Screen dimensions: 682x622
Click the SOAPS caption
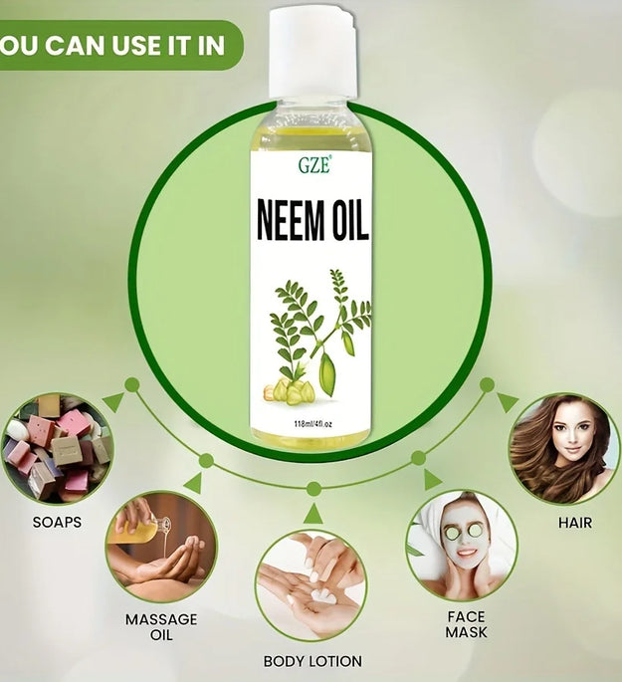coord(57,521)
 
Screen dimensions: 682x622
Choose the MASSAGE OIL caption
coord(161,627)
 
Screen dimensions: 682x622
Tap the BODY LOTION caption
coord(312,660)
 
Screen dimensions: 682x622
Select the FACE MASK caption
coord(466,624)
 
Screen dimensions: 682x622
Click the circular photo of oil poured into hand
coord(161,547)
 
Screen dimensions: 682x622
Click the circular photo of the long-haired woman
coord(563,447)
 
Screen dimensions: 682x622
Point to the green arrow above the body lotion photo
coord(312,514)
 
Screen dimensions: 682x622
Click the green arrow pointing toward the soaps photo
coord(114,402)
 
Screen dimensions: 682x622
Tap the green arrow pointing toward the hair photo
coord(508,402)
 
